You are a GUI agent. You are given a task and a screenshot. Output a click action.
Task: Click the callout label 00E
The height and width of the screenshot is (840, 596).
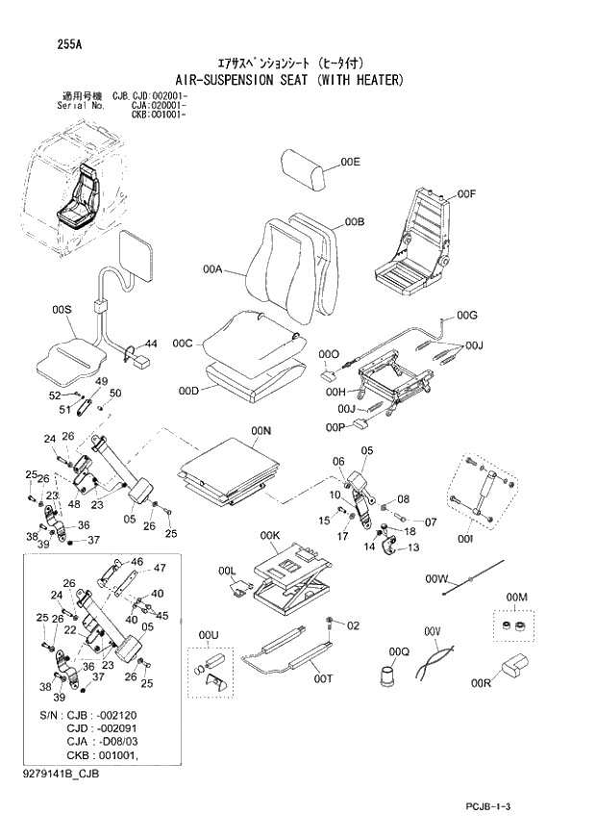[x=350, y=163]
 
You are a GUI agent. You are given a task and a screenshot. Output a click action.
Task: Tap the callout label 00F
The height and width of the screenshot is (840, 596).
[x=467, y=194]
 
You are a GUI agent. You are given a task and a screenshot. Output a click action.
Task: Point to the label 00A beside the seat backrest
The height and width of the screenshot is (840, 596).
[x=212, y=270]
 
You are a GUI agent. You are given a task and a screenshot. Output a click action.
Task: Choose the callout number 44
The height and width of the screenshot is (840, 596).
[x=151, y=343]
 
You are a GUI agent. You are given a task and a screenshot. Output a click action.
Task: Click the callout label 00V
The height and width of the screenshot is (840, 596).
[x=432, y=631]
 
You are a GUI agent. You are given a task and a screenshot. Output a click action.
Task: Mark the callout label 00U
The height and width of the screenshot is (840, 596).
[x=209, y=636]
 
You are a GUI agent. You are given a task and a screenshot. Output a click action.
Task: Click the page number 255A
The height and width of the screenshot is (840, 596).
[x=44, y=42]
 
